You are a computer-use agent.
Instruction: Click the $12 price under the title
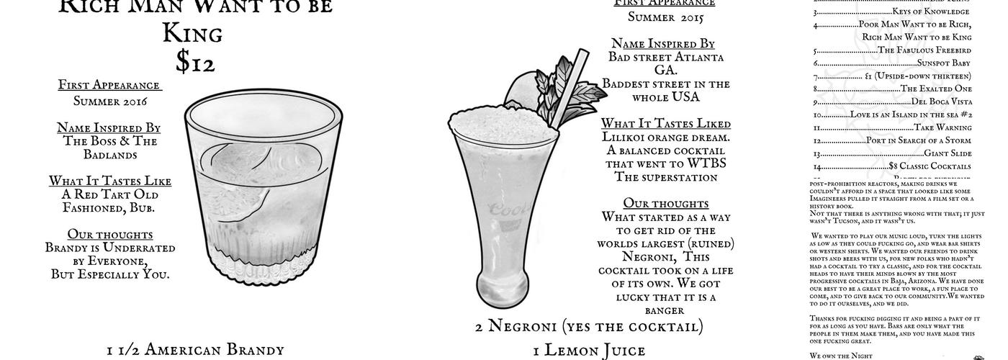click(x=195, y=63)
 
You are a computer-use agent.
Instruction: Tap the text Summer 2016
click(x=109, y=102)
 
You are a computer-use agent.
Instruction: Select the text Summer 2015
click(x=665, y=17)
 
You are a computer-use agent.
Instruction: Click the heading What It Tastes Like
click(x=104, y=181)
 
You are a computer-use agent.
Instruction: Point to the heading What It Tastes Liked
click(x=665, y=123)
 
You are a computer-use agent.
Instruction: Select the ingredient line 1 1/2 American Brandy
click(x=195, y=350)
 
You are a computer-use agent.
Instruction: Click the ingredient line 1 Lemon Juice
click(x=589, y=351)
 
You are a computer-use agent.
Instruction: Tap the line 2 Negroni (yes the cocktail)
click(x=588, y=326)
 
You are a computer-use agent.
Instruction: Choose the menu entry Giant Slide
click(x=947, y=153)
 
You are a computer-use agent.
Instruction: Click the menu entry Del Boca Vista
click(x=940, y=102)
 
